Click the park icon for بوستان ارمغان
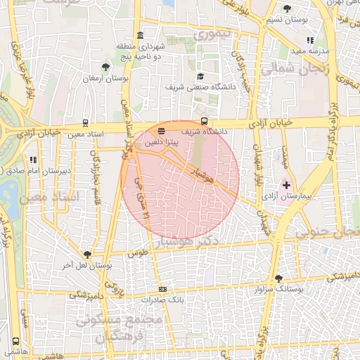105,67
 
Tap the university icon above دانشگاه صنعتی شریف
200,76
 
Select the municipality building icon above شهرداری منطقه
141,36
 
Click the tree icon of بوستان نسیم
287,9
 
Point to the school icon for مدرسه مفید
310,40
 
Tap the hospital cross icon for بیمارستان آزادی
286,184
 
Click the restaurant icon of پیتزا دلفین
162,131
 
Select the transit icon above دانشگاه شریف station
204,120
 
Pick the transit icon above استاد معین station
86,122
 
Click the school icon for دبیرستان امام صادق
32,159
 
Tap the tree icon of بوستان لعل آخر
87,255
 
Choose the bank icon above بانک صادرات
163,289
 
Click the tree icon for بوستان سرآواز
279,278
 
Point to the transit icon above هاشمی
15,340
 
